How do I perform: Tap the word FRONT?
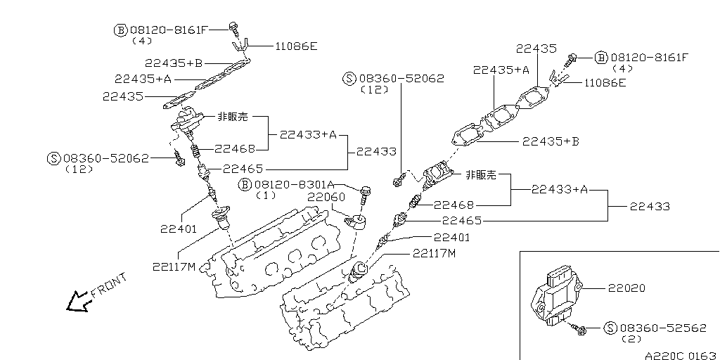click(109, 284)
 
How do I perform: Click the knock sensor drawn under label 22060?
click(357, 223)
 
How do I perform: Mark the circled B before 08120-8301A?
click(245, 184)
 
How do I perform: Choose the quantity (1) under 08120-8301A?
click(266, 195)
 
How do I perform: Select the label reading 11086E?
click(295, 46)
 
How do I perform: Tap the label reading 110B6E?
click(604, 82)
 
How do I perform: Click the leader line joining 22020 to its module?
click(595, 288)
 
